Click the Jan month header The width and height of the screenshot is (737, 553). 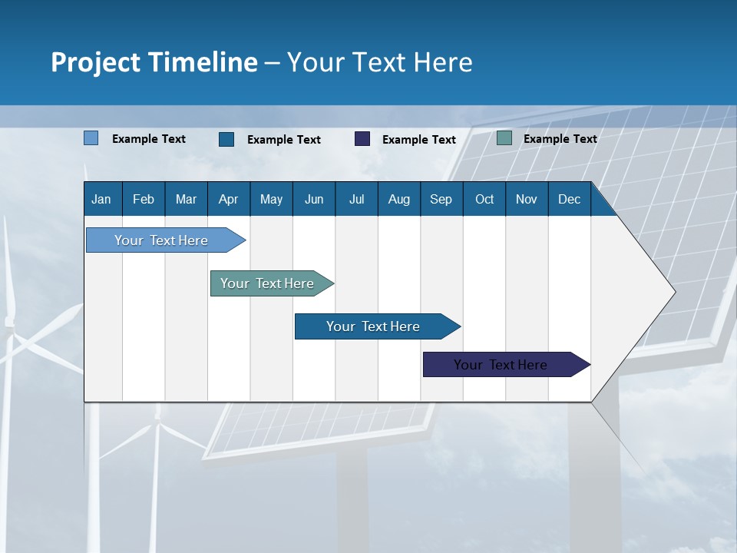pos(101,199)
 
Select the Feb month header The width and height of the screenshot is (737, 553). pos(144,199)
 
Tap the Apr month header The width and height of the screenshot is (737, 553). pos(228,199)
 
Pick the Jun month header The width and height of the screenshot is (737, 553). pos(314,199)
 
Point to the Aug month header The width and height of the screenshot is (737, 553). pos(398,199)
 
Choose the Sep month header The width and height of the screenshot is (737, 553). pos(441,199)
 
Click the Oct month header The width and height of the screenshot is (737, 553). pos(484,199)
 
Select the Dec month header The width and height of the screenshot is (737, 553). pos(569,199)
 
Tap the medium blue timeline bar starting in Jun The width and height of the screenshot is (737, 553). pos(374,326)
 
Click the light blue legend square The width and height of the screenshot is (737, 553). pos(91,138)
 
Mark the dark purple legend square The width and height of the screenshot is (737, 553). pos(362,139)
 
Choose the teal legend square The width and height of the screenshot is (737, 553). pos(504,138)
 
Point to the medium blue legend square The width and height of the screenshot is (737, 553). pos(226,139)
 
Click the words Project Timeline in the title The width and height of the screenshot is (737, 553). pos(154,62)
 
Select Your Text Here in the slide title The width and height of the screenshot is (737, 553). pos(380,62)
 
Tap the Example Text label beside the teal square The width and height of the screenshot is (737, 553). pos(560,139)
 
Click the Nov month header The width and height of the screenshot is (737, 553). pos(527,199)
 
